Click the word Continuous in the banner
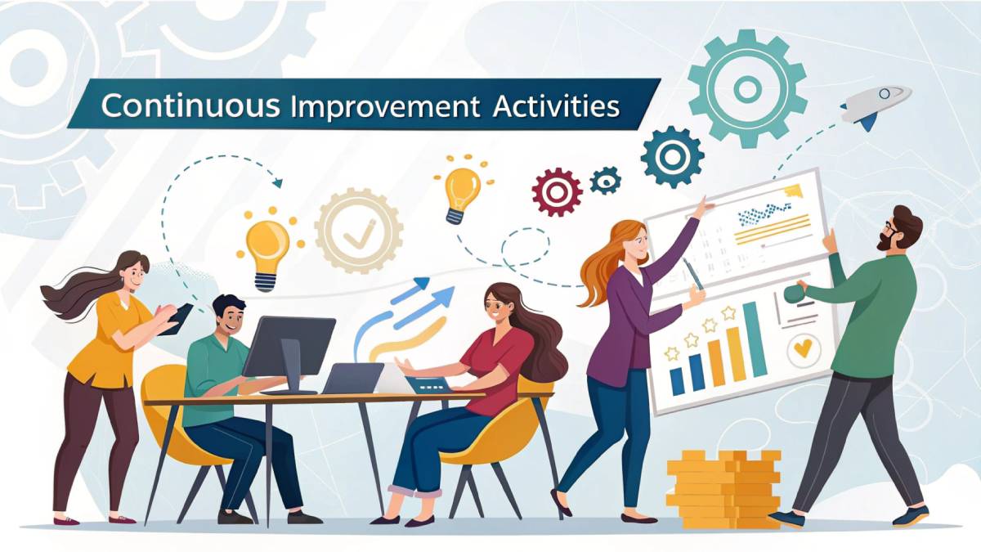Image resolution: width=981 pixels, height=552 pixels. click(x=175, y=107)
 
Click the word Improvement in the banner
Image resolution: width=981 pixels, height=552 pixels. click(x=385, y=107)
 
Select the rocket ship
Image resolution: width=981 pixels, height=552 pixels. click(x=875, y=105)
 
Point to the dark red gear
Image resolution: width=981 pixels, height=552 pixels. click(x=557, y=191)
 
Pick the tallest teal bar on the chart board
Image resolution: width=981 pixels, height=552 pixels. click(x=755, y=339)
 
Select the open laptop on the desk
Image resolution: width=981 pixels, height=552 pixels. click(x=353, y=379)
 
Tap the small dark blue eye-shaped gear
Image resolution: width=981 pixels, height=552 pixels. click(x=606, y=179)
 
